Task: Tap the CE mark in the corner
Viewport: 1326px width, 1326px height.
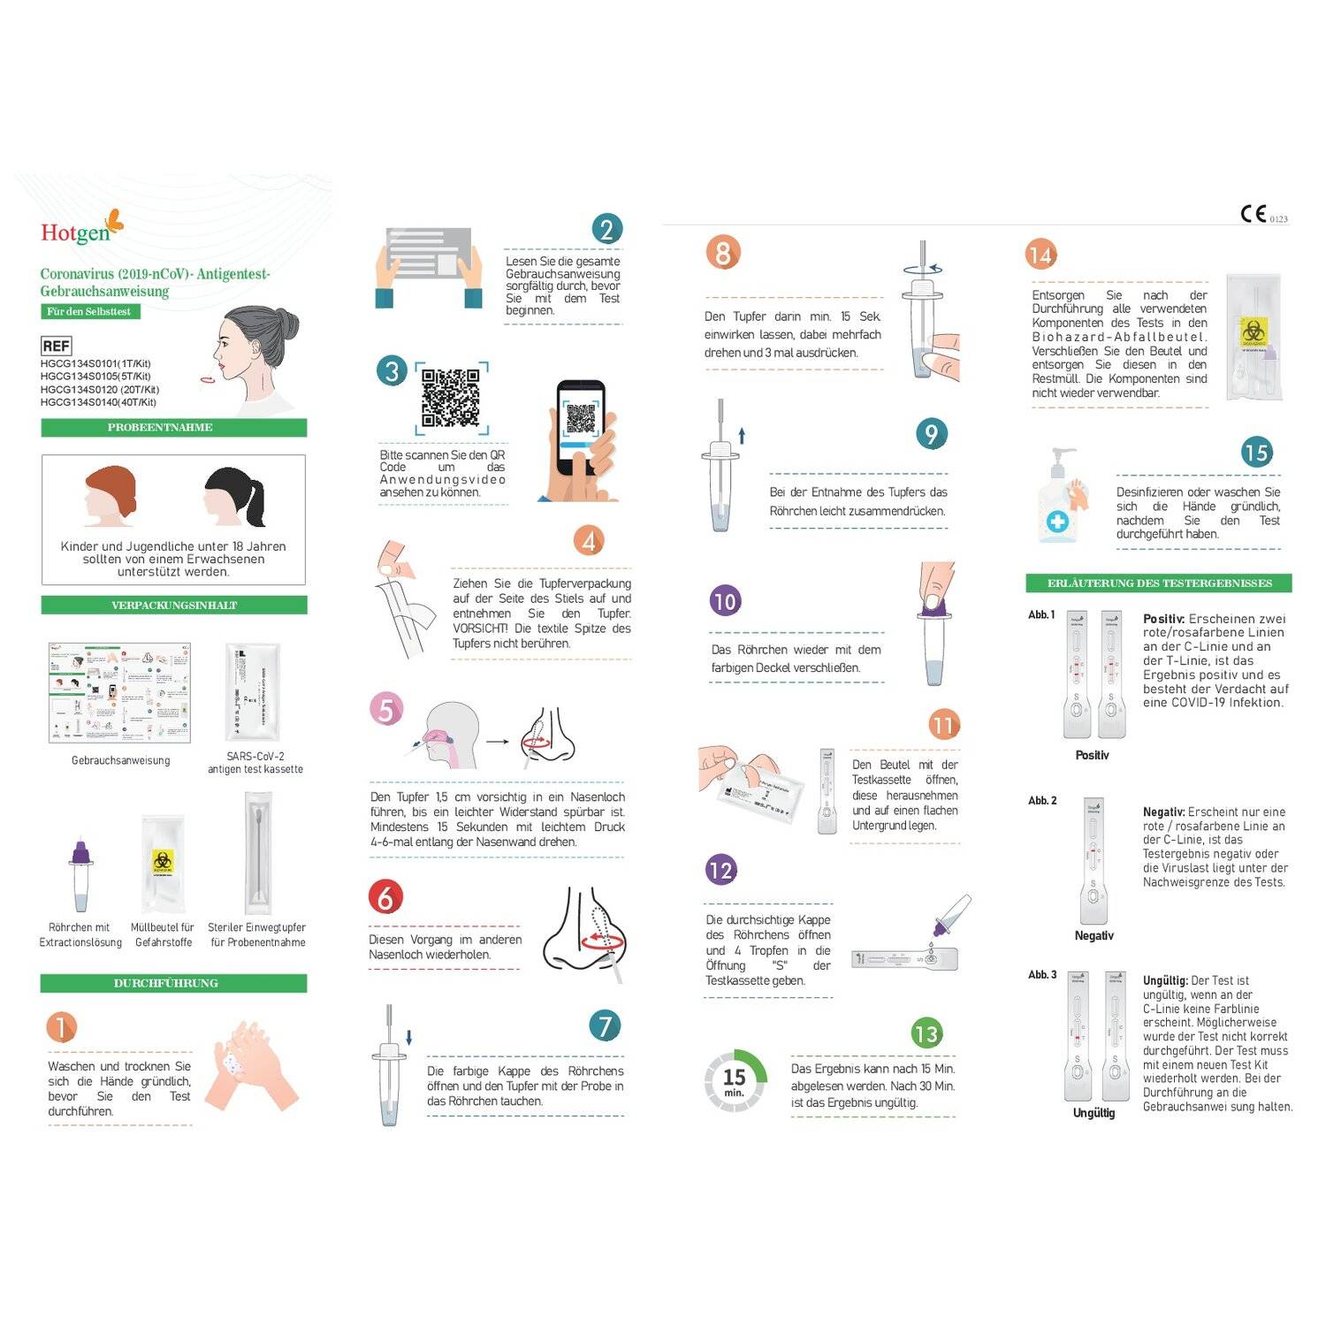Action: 1254,214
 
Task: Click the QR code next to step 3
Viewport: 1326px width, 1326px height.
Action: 451,398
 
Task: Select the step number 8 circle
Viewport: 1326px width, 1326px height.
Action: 722,254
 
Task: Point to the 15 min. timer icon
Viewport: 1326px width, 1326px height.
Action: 735,1080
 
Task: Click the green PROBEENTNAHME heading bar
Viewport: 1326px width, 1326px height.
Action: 173,428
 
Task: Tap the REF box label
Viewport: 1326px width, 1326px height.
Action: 56,347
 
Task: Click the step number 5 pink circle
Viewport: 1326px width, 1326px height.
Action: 385,710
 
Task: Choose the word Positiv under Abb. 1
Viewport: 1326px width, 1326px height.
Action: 1092,755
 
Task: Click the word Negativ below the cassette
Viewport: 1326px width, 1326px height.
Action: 1094,935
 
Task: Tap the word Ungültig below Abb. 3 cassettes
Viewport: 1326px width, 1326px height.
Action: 1094,1113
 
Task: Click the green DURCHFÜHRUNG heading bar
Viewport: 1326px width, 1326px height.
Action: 173,983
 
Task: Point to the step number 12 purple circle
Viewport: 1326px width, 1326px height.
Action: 721,871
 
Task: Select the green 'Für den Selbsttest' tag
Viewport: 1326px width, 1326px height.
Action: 89,311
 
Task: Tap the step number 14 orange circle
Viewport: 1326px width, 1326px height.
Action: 1040,255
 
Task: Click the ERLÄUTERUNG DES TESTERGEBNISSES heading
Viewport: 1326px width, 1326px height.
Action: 1159,583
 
